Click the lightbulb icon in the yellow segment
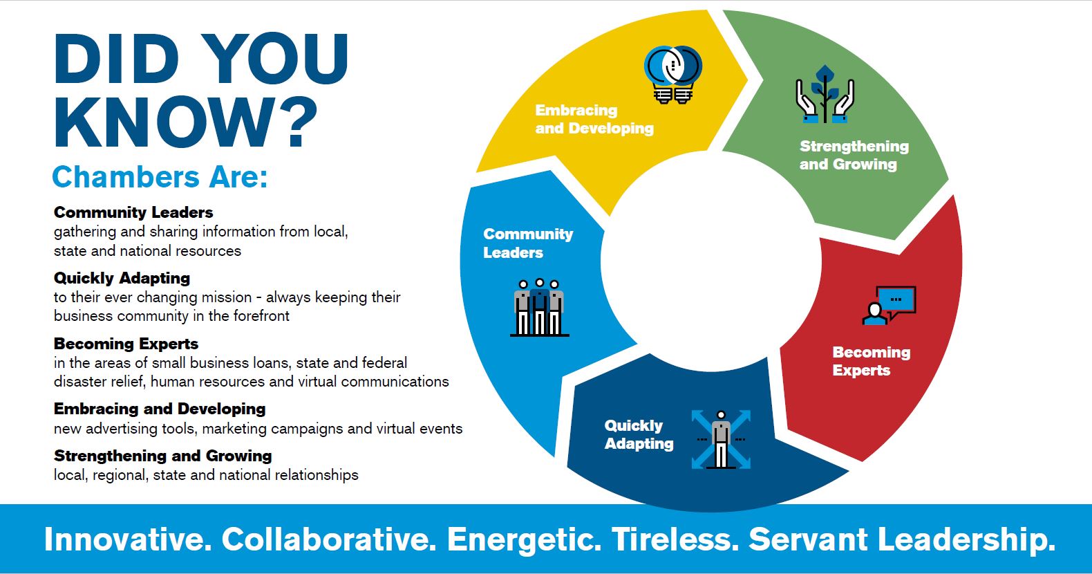click(673, 75)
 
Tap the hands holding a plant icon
click(825, 94)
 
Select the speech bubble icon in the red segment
click(889, 305)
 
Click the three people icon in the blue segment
click(540, 307)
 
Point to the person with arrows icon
click(721, 440)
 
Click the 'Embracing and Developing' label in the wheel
click(594, 119)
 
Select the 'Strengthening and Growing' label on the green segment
click(854, 155)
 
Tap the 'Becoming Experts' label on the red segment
click(871, 361)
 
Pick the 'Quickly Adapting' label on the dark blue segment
click(639, 434)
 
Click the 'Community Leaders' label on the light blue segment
click(528, 243)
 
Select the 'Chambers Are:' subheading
click(160, 176)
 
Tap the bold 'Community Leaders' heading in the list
click(133, 212)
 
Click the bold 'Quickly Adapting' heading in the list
click(122, 278)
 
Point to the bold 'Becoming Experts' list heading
click(126, 343)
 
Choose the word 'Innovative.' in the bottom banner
click(128, 539)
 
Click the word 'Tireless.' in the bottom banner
click(675, 539)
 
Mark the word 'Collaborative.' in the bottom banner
click(328, 539)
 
